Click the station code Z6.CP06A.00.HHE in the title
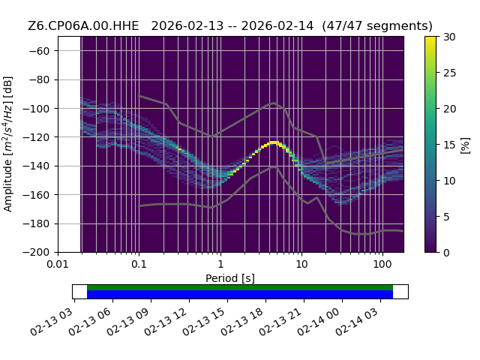point(83,26)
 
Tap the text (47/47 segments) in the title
point(377,26)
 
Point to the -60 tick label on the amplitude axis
point(39,51)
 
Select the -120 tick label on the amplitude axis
point(37,137)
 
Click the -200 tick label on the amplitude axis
point(37,253)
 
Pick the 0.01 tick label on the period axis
point(58,264)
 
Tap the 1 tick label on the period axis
point(220,264)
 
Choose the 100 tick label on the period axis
point(382,264)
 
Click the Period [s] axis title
point(230,278)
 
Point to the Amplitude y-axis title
point(7,144)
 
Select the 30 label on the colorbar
point(450,37)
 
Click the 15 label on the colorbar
point(450,145)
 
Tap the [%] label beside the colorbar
point(465,145)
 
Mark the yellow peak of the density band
point(273,142)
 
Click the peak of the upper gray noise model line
point(274,103)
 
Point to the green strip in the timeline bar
point(240,288)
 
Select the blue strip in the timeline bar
point(240,295)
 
